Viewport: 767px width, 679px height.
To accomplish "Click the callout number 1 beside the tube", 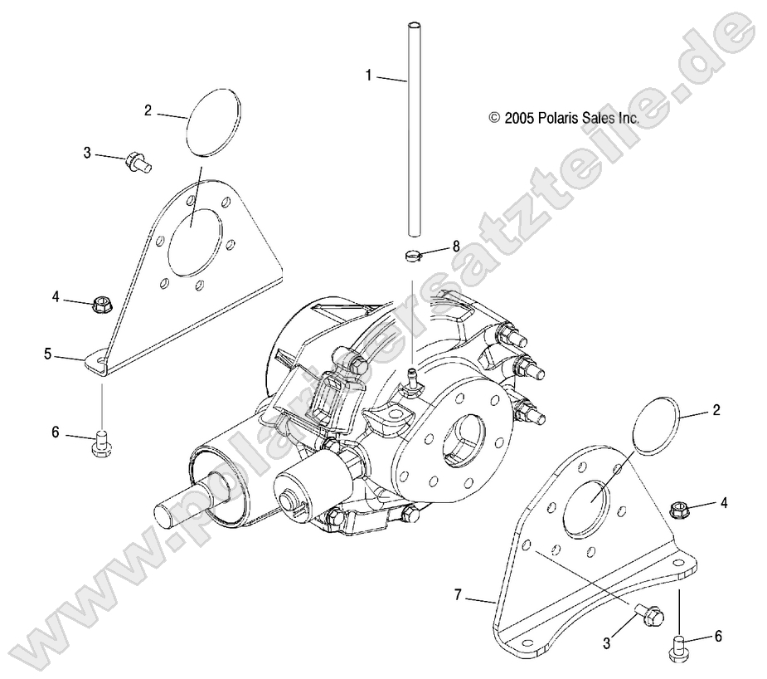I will pos(369,75).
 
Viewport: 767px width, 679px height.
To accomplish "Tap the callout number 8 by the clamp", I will pos(455,247).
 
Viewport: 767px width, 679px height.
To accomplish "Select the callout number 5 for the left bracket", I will pos(48,354).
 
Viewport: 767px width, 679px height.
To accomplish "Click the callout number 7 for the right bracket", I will pos(457,594).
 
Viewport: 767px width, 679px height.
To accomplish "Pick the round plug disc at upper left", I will pos(213,121).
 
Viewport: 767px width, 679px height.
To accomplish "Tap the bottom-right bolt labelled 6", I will pos(677,645).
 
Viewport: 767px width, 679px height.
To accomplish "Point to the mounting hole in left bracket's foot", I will pos(97,359).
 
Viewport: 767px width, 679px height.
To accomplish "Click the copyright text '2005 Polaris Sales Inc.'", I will pos(564,119).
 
